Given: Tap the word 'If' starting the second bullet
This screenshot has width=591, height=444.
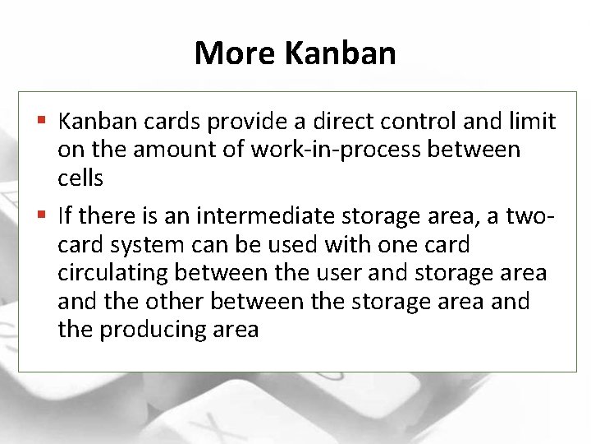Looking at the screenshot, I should click(66, 217).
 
